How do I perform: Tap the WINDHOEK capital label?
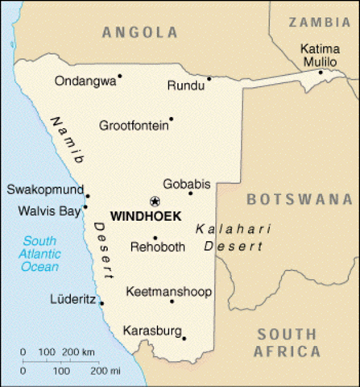145,217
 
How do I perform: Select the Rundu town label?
184,85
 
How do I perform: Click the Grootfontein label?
134,125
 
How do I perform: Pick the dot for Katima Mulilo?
320,73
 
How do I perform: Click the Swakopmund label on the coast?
44,189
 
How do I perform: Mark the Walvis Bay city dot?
85,206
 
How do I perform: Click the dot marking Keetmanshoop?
172,302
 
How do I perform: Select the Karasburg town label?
152,330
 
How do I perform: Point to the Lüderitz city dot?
101,303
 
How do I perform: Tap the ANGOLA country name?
140,32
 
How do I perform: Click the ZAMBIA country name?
320,22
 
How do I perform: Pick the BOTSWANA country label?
302,198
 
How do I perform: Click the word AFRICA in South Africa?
287,352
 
